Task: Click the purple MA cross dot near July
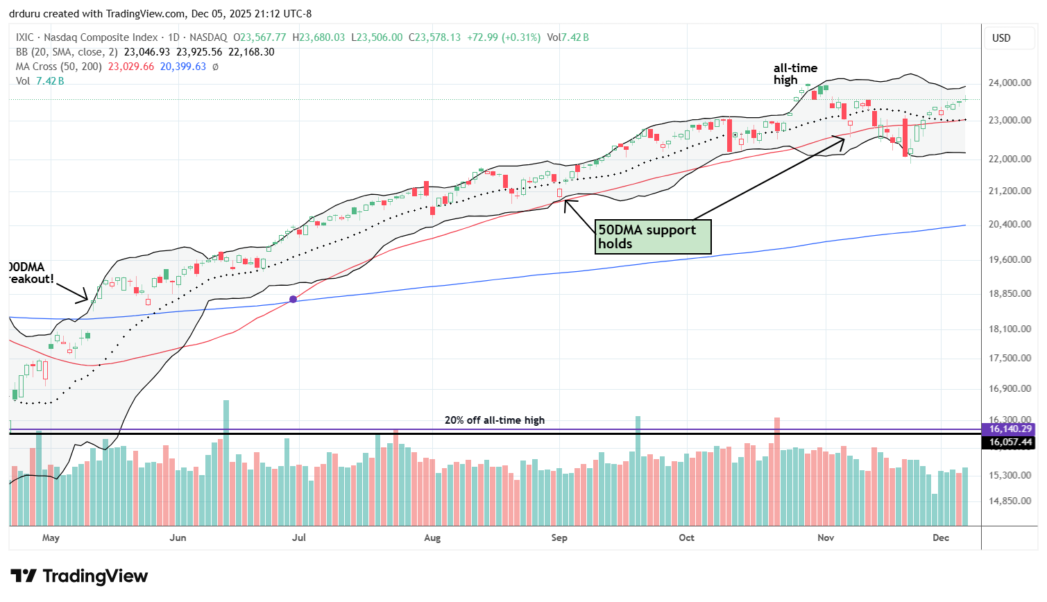pyautogui.click(x=293, y=299)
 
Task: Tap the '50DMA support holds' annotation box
pyautogui.click(x=654, y=237)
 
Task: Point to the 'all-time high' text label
pyautogui.click(x=795, y=74)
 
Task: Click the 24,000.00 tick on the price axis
pyautogui.click(x=1010, y=83)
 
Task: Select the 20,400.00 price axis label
pyautogui.click(x=1010, y=224)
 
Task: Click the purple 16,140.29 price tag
pyautogui.click(x=1010, y=429)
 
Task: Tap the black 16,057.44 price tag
pyautogui.click(x=1010, y=442)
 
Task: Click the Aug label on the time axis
pyautogui.click(x=432, y=537)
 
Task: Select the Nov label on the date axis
pyautogui.click(x=826, y=537)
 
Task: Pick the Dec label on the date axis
pyautogui.click(x=941, y=537)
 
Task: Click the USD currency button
pyautogui.click(x=1001, y=38)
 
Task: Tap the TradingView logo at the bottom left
pyautogui.click(x=79, y=576)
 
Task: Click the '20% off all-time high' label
pyautogui.click(x=494, y=420)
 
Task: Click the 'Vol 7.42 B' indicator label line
pyautogui.click(x=40, y=81)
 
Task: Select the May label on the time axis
pyautogui.click(x=51, y=537)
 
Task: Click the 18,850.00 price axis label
pyautogui.click(x=1010, y=293)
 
